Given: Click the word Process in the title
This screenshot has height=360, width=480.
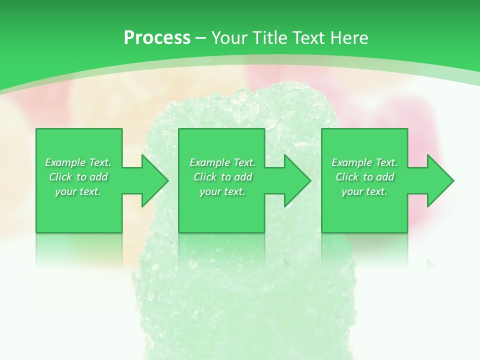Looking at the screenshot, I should [157, 38].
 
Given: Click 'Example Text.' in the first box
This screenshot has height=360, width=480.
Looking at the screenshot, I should [78, 162].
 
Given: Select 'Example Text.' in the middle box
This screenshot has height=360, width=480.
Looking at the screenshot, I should [222, 162].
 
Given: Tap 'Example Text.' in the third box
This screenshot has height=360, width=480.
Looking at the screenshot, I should [364, 162].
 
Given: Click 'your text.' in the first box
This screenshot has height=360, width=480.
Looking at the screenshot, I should [78, 191].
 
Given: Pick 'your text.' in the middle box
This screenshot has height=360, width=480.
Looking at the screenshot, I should [222, 191].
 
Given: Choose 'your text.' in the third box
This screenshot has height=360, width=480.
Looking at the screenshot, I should [364, 191].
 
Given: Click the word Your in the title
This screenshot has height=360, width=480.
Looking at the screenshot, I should [230, 38].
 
